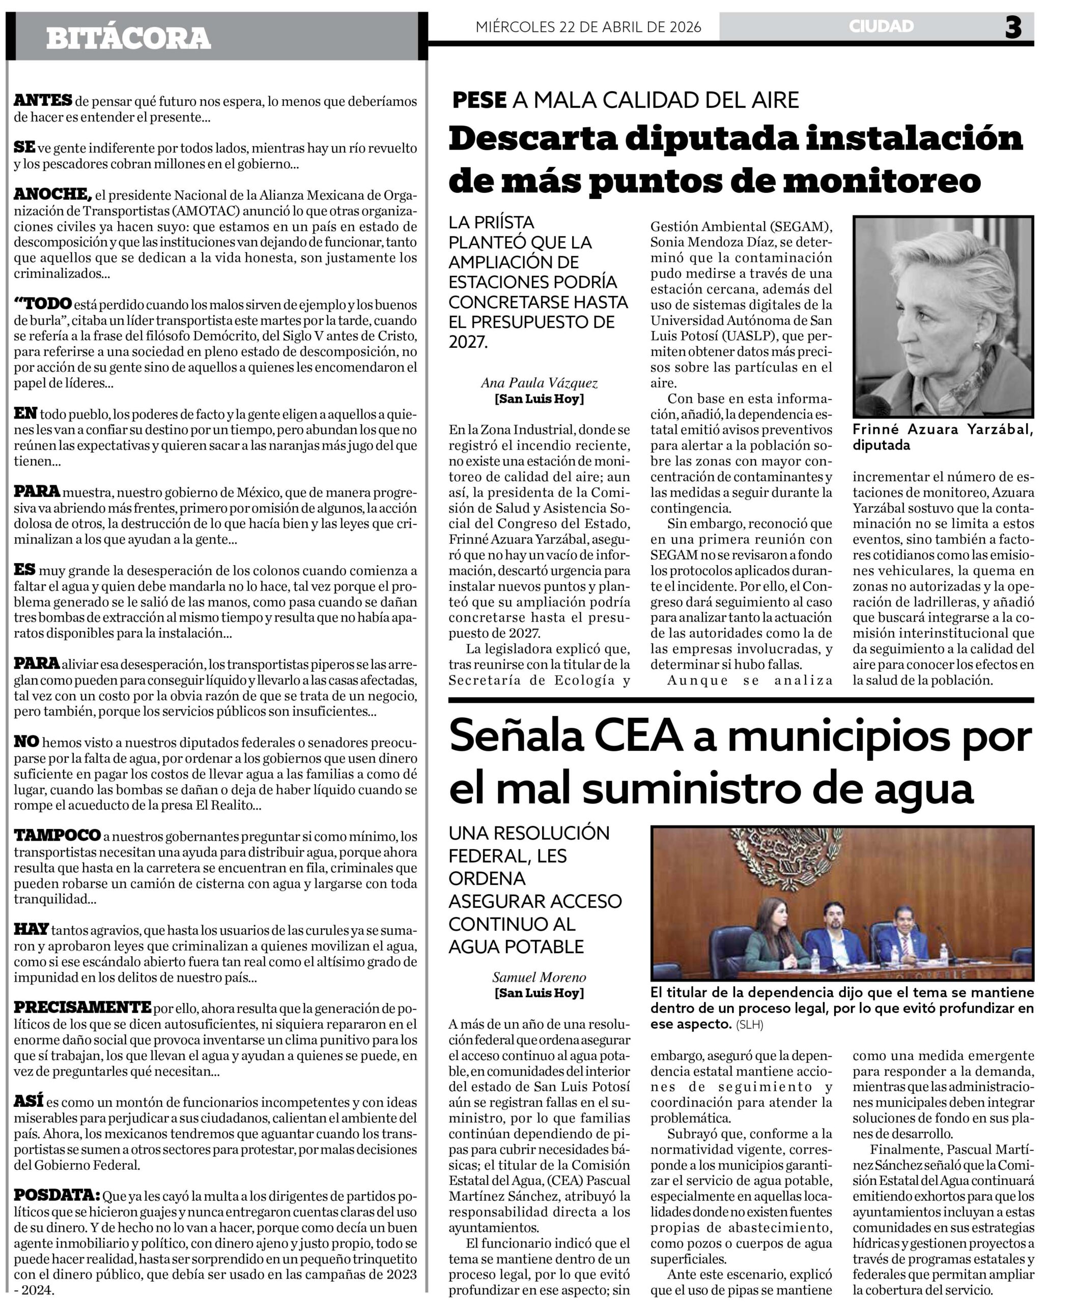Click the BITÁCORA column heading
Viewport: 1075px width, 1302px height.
click(x=128, y=38)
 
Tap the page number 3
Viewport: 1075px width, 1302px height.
click(x=1013, y=27)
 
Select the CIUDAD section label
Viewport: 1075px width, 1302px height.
click(x=881, y=26)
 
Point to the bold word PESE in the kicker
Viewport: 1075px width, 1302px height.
click(x=479, y=100)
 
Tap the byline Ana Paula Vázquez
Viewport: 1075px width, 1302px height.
click(x=539, y=383)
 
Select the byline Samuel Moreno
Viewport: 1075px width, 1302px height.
click(x=539, y=977)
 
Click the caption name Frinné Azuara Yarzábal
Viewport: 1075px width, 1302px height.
click(x=942, y=429)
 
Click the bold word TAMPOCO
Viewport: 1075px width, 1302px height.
click(x=57, y=836)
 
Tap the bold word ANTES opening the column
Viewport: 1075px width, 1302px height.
click(x=43, y=101)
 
